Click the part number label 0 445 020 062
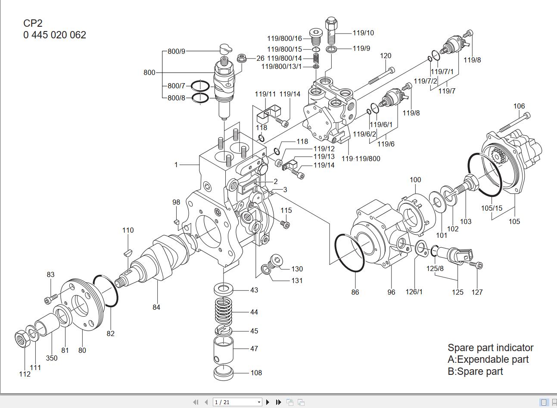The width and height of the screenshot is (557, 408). pyautogui.click(x=55, y=35)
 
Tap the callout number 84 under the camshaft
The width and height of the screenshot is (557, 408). pyautogui.click(x=156, y=307)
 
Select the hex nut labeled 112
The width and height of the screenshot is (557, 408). pyautogui.click(x=22, y=339)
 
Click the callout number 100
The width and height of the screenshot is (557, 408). pyautogui.click(x=415, y=180)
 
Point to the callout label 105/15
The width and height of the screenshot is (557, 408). pyautogui.click(x=492, y=209)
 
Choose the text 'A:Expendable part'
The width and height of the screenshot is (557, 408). pyautogui.click(x=488, y=359)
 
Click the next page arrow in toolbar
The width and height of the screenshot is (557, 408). pyautogui.click(x=268, y=402)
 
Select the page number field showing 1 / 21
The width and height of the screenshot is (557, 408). pyautogui.click(x=237, y=402)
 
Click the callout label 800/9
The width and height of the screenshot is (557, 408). pyautogui.click(x=176, y=51)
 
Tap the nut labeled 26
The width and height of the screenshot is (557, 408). pyautogui.click(x=242, y=58)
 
